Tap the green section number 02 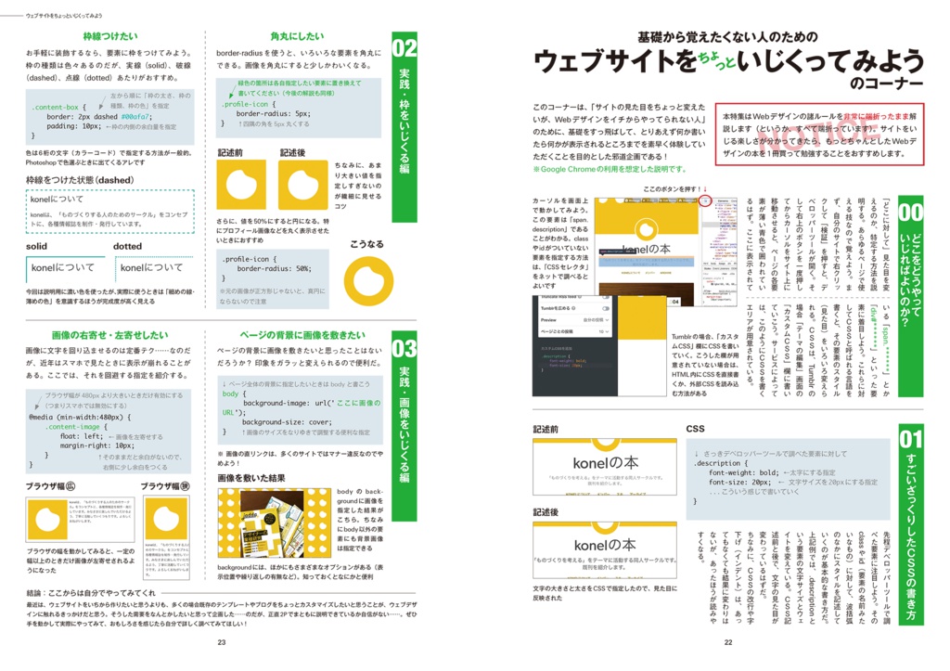pos(404,47)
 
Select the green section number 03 pos(404,349)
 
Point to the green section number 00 pos(910,213)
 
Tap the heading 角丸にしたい pos(297,36)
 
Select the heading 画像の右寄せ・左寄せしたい pos(109,334)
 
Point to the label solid pos(37,247)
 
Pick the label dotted pos(128,247)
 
